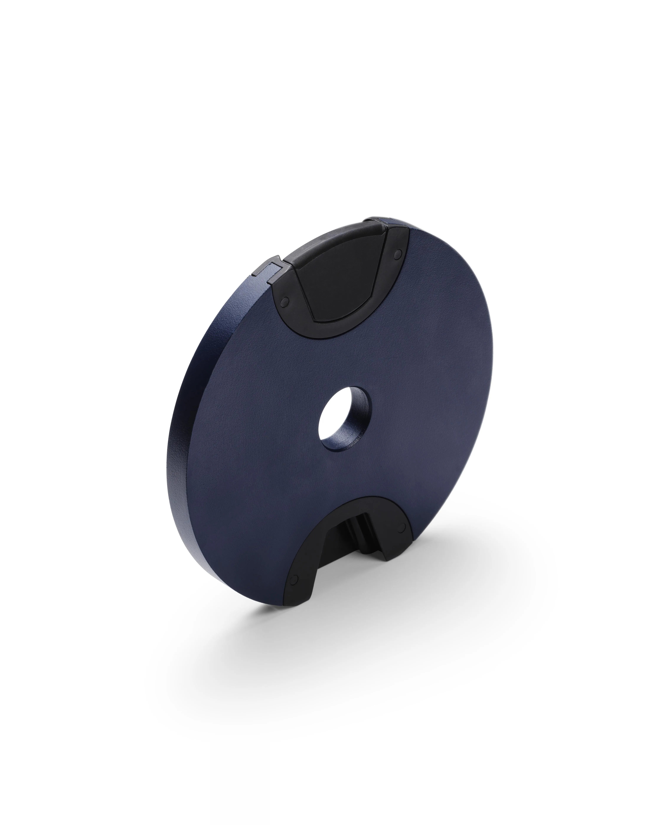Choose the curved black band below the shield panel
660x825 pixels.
click(344, 329)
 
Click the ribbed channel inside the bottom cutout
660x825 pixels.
click(358, 530)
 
